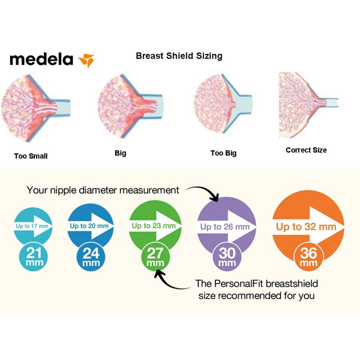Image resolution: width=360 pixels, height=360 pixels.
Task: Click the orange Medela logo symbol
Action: (x=86, y=60)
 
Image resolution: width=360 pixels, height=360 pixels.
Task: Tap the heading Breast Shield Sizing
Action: (x=179, y=56)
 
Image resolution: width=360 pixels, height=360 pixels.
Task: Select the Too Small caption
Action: (x=31, y=156)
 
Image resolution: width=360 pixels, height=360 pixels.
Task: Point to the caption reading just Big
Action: (x=120, y=153)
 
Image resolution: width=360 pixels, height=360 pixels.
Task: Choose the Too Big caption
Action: (x=223, y=153)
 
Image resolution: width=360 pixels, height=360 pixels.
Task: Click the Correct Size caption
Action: (x=306, y=150)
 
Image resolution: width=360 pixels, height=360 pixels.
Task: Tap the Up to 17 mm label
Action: (x=32, y=226)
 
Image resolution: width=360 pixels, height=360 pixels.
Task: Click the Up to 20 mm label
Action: (x=89, y=226)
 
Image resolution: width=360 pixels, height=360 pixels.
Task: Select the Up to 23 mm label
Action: (x=154, y=226)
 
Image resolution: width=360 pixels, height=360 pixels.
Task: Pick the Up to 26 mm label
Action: (x=225, y=227)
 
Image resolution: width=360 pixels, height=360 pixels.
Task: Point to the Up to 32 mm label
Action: (x=306, y=227)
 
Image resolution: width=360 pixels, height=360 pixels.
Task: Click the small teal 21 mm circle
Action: (x=33, y=256)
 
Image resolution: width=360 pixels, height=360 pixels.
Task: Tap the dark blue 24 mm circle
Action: (x=91, y=256)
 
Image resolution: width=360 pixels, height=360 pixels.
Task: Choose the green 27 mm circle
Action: (x=155, y=256)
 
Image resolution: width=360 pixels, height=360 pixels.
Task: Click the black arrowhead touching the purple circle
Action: (x=215, y=198)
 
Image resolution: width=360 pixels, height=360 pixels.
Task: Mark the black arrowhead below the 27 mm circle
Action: (x=159, y=274)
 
